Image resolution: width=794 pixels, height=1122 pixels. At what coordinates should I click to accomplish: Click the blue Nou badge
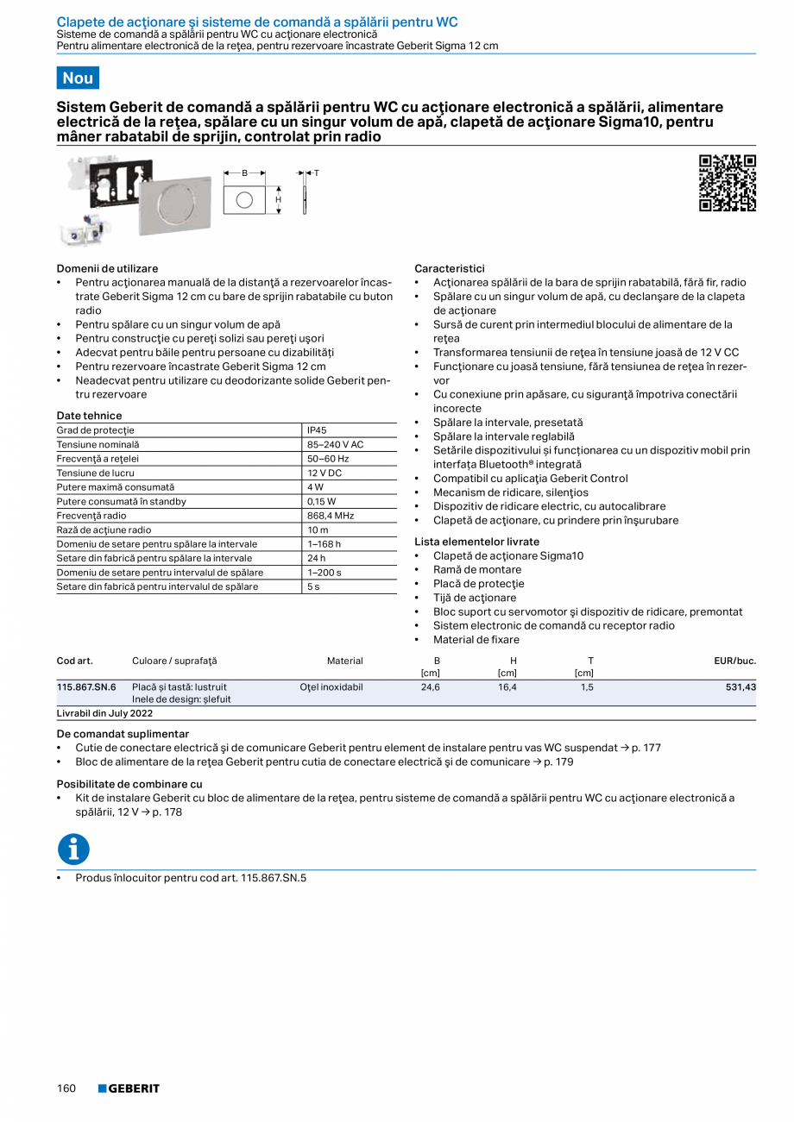pos(78,78)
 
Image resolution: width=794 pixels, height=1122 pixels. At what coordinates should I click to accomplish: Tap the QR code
pos(727,183)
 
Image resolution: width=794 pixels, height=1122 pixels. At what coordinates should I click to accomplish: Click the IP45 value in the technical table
pos(317,430)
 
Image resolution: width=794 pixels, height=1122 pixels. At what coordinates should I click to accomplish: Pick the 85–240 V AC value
pos(335,445)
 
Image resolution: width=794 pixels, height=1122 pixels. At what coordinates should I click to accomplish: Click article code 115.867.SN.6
pos(86,687)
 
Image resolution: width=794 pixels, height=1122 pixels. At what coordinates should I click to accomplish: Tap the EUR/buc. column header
pos(734,661)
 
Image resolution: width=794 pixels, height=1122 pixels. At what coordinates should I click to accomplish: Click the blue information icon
pos(73,849)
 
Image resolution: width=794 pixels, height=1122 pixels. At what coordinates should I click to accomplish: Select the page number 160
pos(66,1088)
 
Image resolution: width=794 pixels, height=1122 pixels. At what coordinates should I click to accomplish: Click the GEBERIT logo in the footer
pos(129,1088)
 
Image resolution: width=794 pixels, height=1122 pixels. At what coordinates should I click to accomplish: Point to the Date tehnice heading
pos(89,416)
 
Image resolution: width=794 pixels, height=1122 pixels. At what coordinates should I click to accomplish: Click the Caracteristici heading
pos(450,268)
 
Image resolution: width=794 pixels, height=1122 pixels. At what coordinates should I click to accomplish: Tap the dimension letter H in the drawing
pos(278,199)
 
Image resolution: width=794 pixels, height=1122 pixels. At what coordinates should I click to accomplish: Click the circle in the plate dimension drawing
pos(244,200)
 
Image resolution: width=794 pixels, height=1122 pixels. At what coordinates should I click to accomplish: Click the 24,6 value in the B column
pos(430,687)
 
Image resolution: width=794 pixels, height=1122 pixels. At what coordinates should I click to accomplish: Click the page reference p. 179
pos(558,762)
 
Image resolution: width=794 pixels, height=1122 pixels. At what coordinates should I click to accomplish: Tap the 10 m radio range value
pos(318,530)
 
